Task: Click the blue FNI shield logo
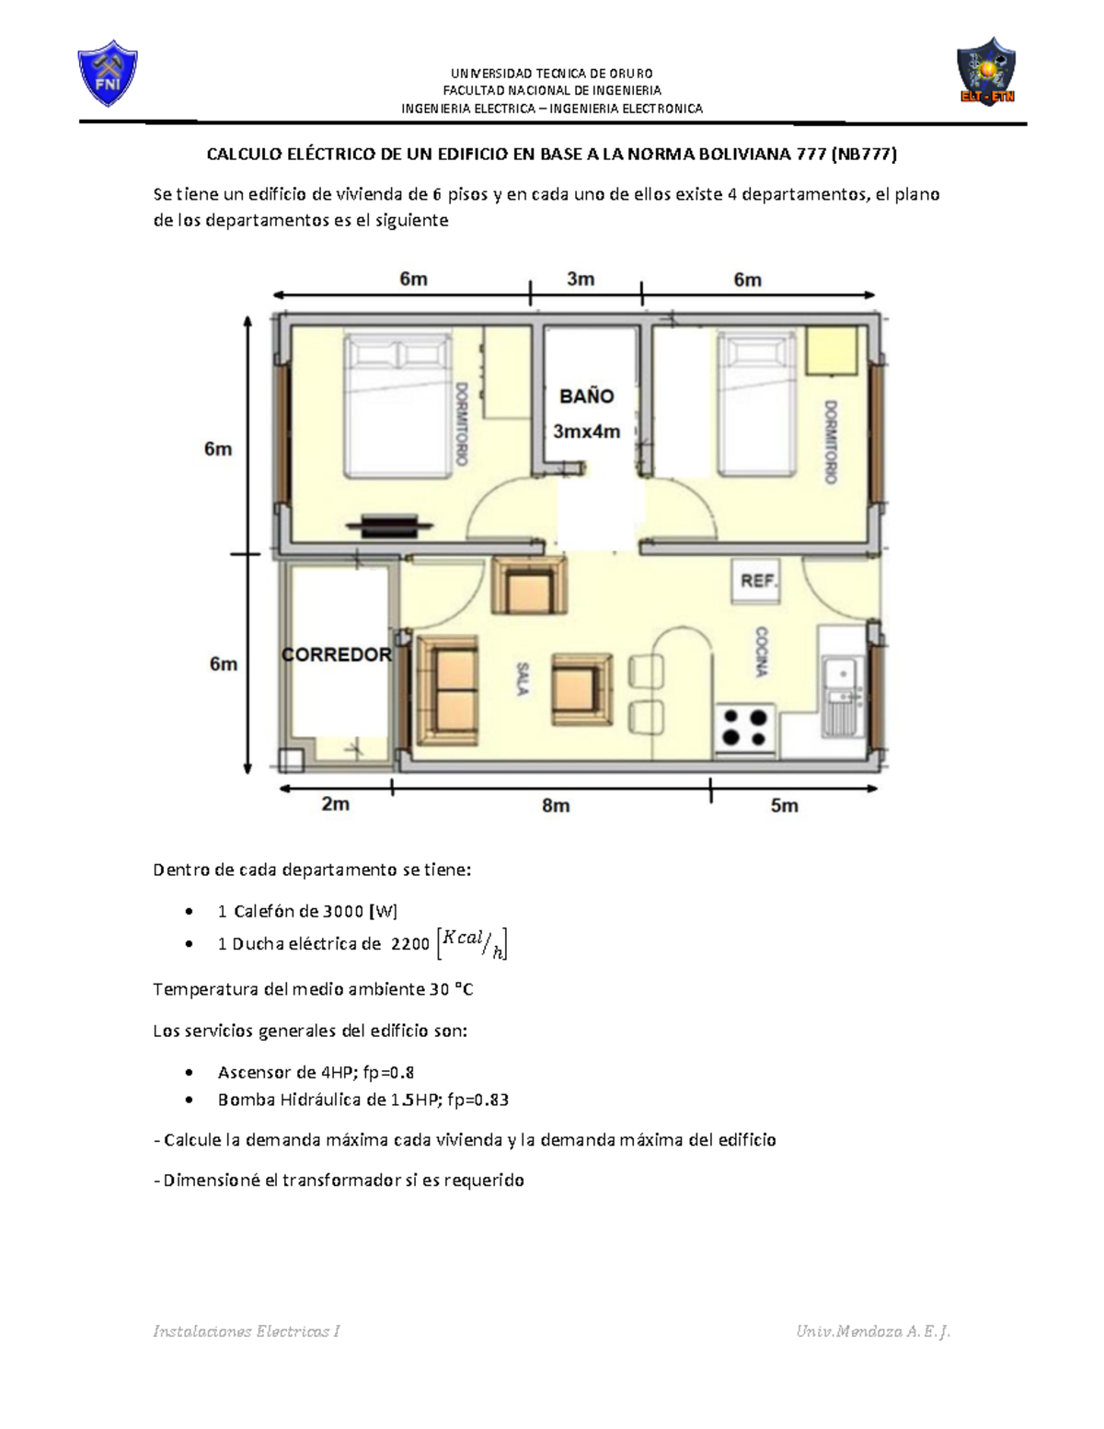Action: click(107, 73)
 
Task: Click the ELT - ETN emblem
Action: click(985, 70)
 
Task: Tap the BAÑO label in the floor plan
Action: click(587, 396)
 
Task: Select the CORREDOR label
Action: click(337, 654)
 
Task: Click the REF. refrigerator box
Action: click(757, 581)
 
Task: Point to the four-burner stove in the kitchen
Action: click(745, 728)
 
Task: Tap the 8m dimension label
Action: click(556, 805)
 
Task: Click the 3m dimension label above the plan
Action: click(581, 279)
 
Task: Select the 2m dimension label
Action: click(336, 803)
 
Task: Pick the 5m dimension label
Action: click(785, 805)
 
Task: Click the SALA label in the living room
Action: click(523, 679)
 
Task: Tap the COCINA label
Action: click(761, 651)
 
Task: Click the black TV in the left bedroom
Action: click(389, 525)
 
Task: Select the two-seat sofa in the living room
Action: click(448, 690)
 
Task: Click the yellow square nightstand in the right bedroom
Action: click(833, 351)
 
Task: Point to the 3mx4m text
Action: click(587, 432)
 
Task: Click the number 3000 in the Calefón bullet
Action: click(341, 911)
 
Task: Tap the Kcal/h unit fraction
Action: click(472, 944)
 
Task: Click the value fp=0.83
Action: click(478, 1100)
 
